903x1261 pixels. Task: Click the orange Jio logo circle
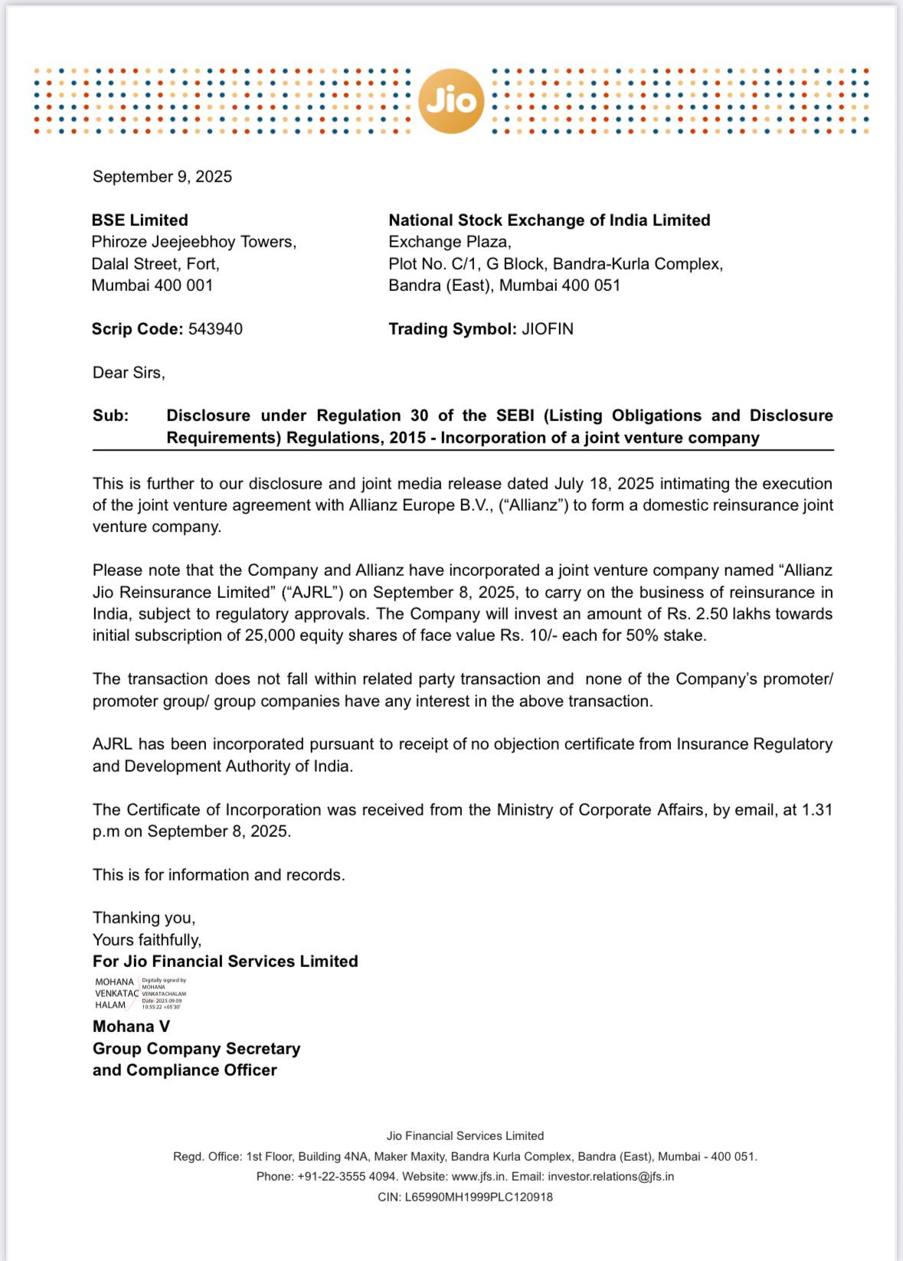[x=451, y=101]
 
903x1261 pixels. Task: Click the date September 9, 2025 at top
[x=162, y=177]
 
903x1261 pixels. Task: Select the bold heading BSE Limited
[x=139, y=221]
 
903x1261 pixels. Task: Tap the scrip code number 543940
[x=215, y=329]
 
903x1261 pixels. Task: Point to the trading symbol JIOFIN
[x=548, y=329]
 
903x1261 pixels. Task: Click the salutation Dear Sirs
[x=129, y=373]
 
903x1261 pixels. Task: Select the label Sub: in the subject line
[x=111, y=416]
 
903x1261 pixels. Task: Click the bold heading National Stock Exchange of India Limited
[x=549, y=221]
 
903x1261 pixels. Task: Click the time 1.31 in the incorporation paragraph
[x=817, y=810]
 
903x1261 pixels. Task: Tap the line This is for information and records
[x=219, y=875]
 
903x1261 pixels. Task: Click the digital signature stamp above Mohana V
[x=141, y=993]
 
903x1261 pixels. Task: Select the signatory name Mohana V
[x=131, y=1027]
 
